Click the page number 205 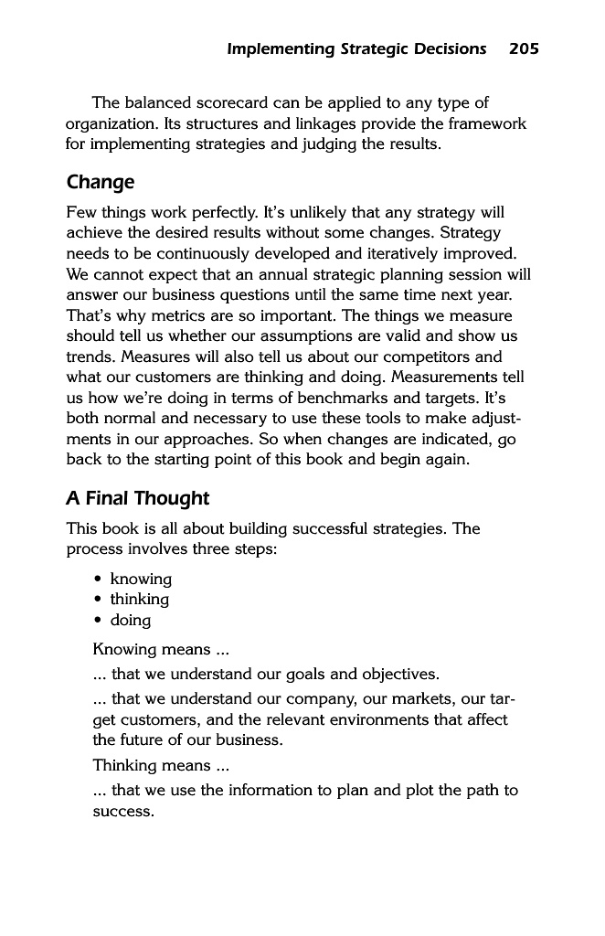(x=524, y=48)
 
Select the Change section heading (x=100, y=182)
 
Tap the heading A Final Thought (x=137, y=498)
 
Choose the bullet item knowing (x=141, y=579)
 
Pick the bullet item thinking (x=139, y=600)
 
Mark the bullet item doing (x=131, y=620)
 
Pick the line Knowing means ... (x=161, y=651)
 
